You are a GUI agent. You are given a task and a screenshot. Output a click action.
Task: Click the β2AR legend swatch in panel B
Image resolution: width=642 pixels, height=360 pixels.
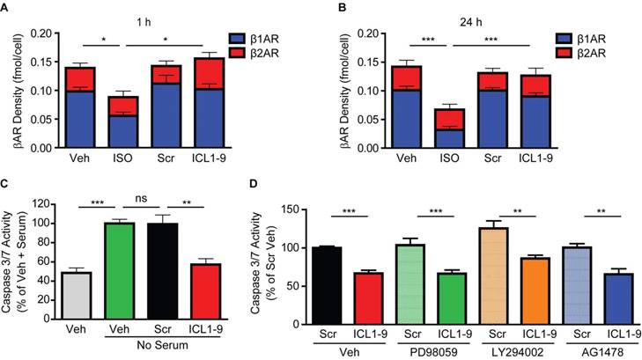pyautogui.click(x=564, y=54)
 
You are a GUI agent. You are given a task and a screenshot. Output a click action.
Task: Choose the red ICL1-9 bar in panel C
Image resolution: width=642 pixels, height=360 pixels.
pyautogui.click(x=204, y=293)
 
